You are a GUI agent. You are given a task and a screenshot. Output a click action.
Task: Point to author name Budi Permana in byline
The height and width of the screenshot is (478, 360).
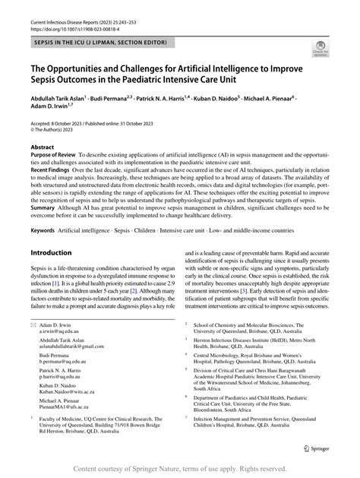click(132, 98)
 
